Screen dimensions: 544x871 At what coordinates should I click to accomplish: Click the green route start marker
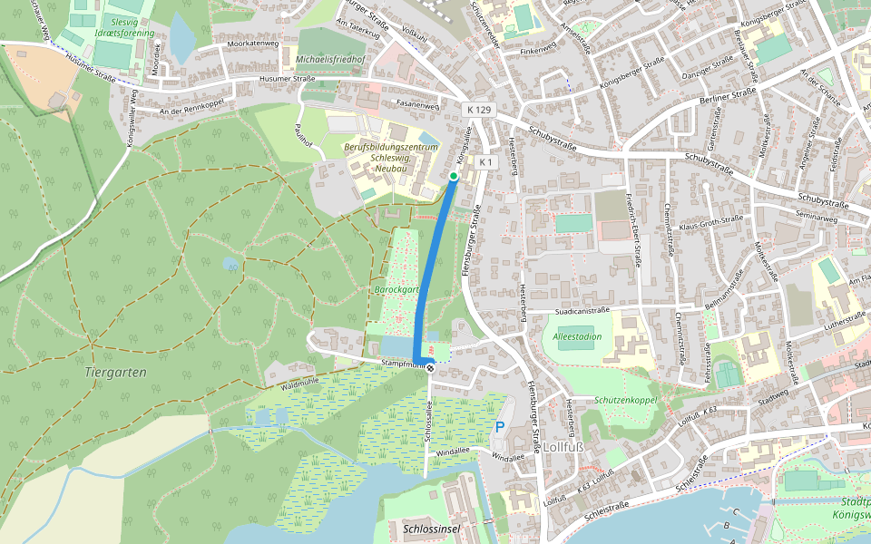(453, 176)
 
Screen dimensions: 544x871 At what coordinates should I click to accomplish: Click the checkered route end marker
(430, 365)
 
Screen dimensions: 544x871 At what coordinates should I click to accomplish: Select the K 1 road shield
(485, 162)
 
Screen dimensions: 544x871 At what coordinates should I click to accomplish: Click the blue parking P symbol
(499, 426)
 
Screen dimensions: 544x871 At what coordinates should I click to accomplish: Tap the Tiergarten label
(115, 372)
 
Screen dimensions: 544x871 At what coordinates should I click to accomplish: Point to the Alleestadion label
(577, 336)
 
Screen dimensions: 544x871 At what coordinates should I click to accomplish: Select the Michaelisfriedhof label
(330, 60)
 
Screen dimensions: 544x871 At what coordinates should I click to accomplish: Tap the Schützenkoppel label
(626, 400)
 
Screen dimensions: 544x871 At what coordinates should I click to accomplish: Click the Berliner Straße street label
(729, 94)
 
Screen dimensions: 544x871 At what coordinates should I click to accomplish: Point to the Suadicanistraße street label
(581, 310)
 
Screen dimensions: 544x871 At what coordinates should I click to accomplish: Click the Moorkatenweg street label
(253, 44)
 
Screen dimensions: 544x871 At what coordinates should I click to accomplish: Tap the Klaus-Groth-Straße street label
(711, 219)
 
